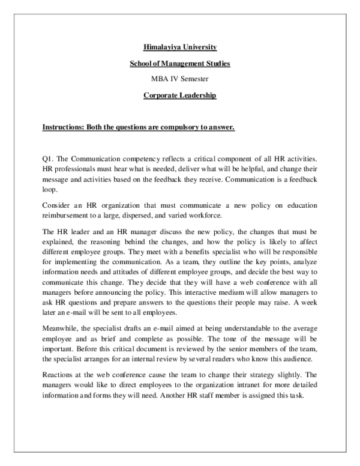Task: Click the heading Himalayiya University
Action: tap(181, 46)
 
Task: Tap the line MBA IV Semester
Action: tap(180, 79)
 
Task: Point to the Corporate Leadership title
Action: tap(180, 95)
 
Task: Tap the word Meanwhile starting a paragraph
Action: tap(61, 329)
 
